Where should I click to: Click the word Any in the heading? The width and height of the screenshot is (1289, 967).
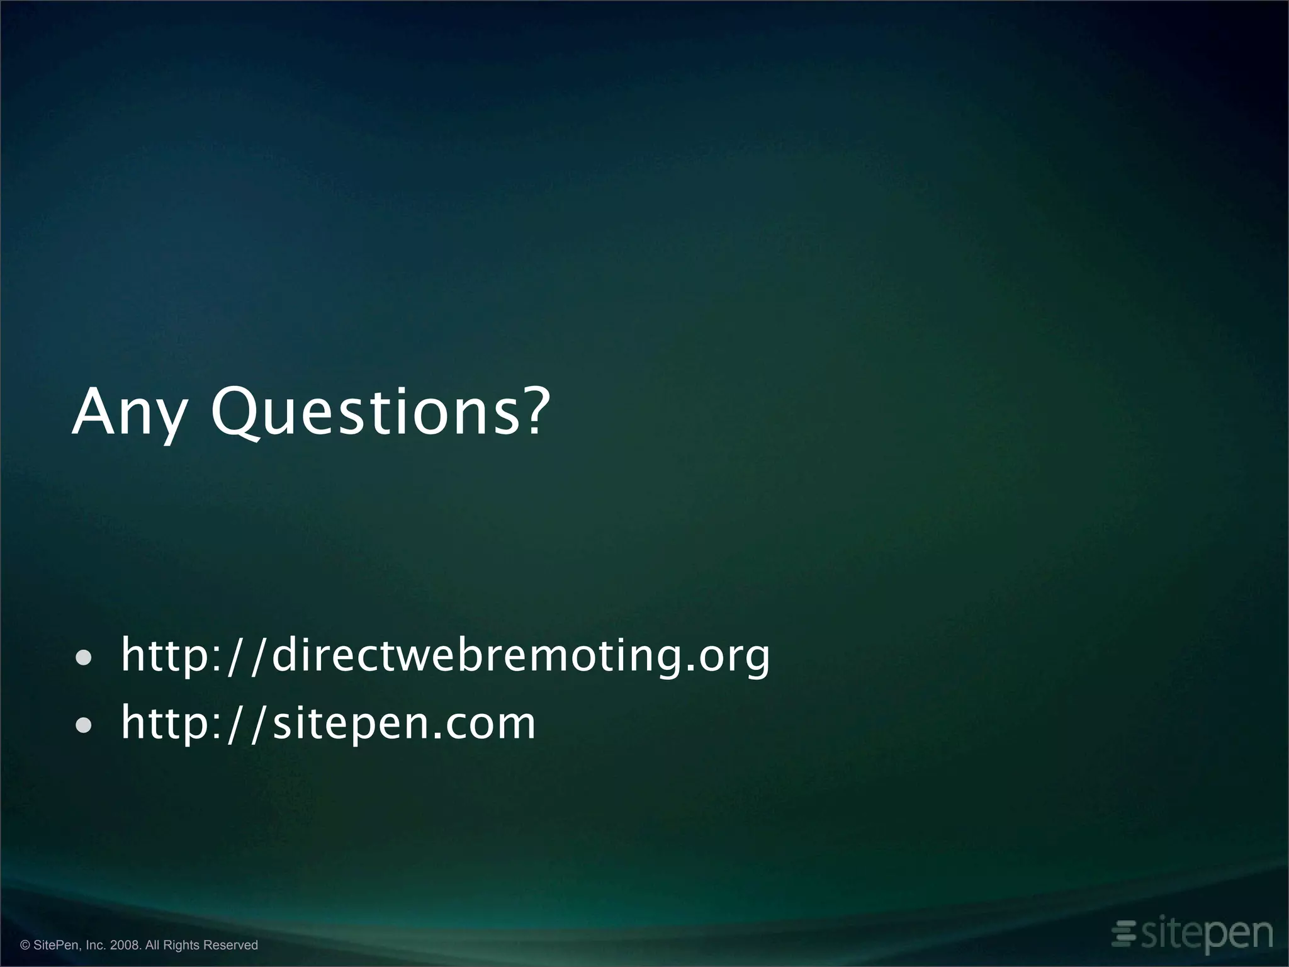pos(130,413)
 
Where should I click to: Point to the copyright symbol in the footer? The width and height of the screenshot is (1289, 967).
pos(25,945)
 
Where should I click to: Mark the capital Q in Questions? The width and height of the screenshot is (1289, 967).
pos(236,412)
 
